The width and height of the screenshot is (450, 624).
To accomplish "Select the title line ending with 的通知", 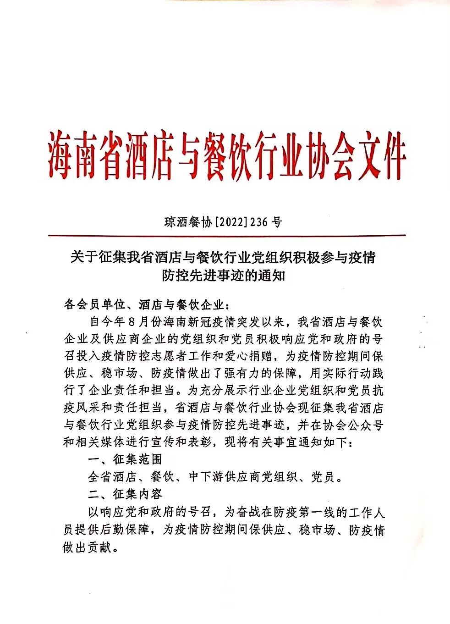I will point(224,276).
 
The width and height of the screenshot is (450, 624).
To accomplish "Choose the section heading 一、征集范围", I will point(125,460).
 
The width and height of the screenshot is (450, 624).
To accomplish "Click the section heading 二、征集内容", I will point(125,494).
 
